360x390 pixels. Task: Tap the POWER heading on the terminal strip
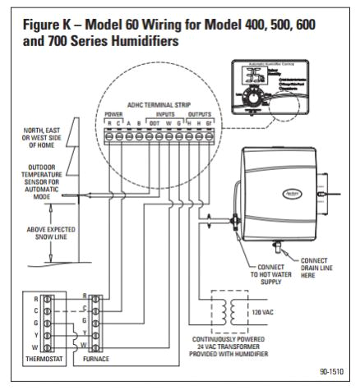tap(114, 113)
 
